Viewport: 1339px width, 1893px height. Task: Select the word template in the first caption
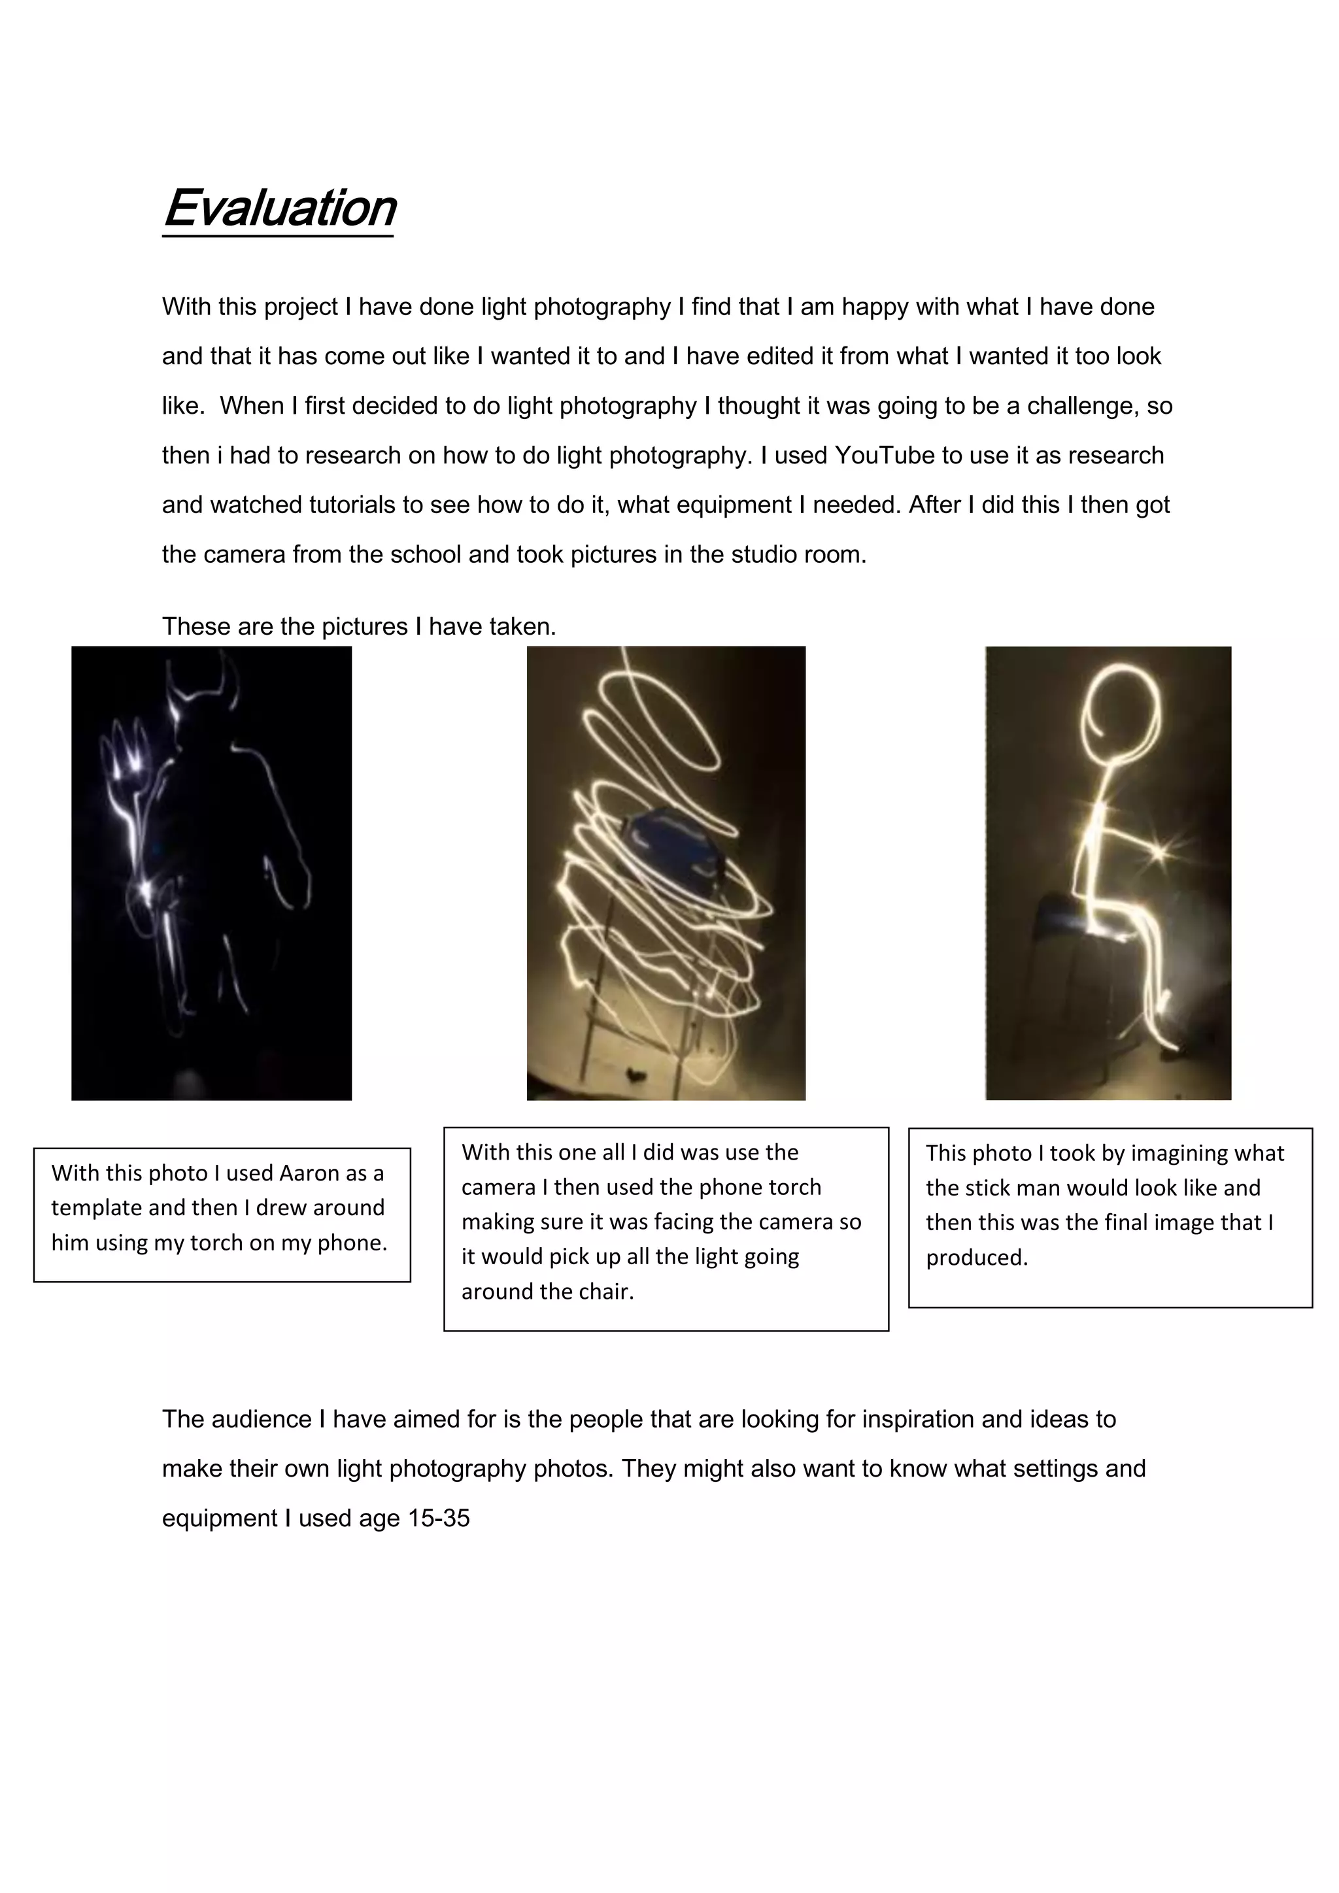coord(98,1208)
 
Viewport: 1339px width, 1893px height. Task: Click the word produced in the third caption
coord(976,1258)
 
